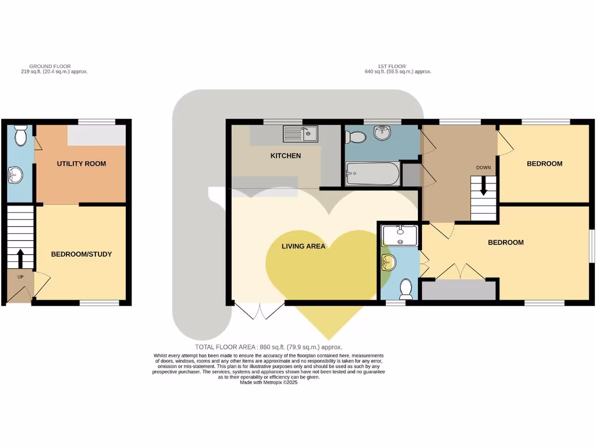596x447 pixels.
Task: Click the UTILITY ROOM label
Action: point(81,164)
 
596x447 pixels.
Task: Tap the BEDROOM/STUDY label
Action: point(81,254)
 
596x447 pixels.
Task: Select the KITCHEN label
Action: point(286,156)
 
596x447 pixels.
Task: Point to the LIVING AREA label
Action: point(303,246)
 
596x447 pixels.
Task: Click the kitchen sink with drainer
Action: point(300,134)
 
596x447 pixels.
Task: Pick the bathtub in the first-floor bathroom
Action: point(372,173)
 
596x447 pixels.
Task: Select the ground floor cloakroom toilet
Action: point(20,136)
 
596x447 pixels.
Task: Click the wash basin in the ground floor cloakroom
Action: point(16,174)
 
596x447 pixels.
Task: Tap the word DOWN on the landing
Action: point(483,168)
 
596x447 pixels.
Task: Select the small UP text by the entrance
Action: point(20,276)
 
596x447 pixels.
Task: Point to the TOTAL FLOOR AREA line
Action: point(268,346)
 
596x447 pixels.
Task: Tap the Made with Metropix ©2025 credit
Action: point(268,382)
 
